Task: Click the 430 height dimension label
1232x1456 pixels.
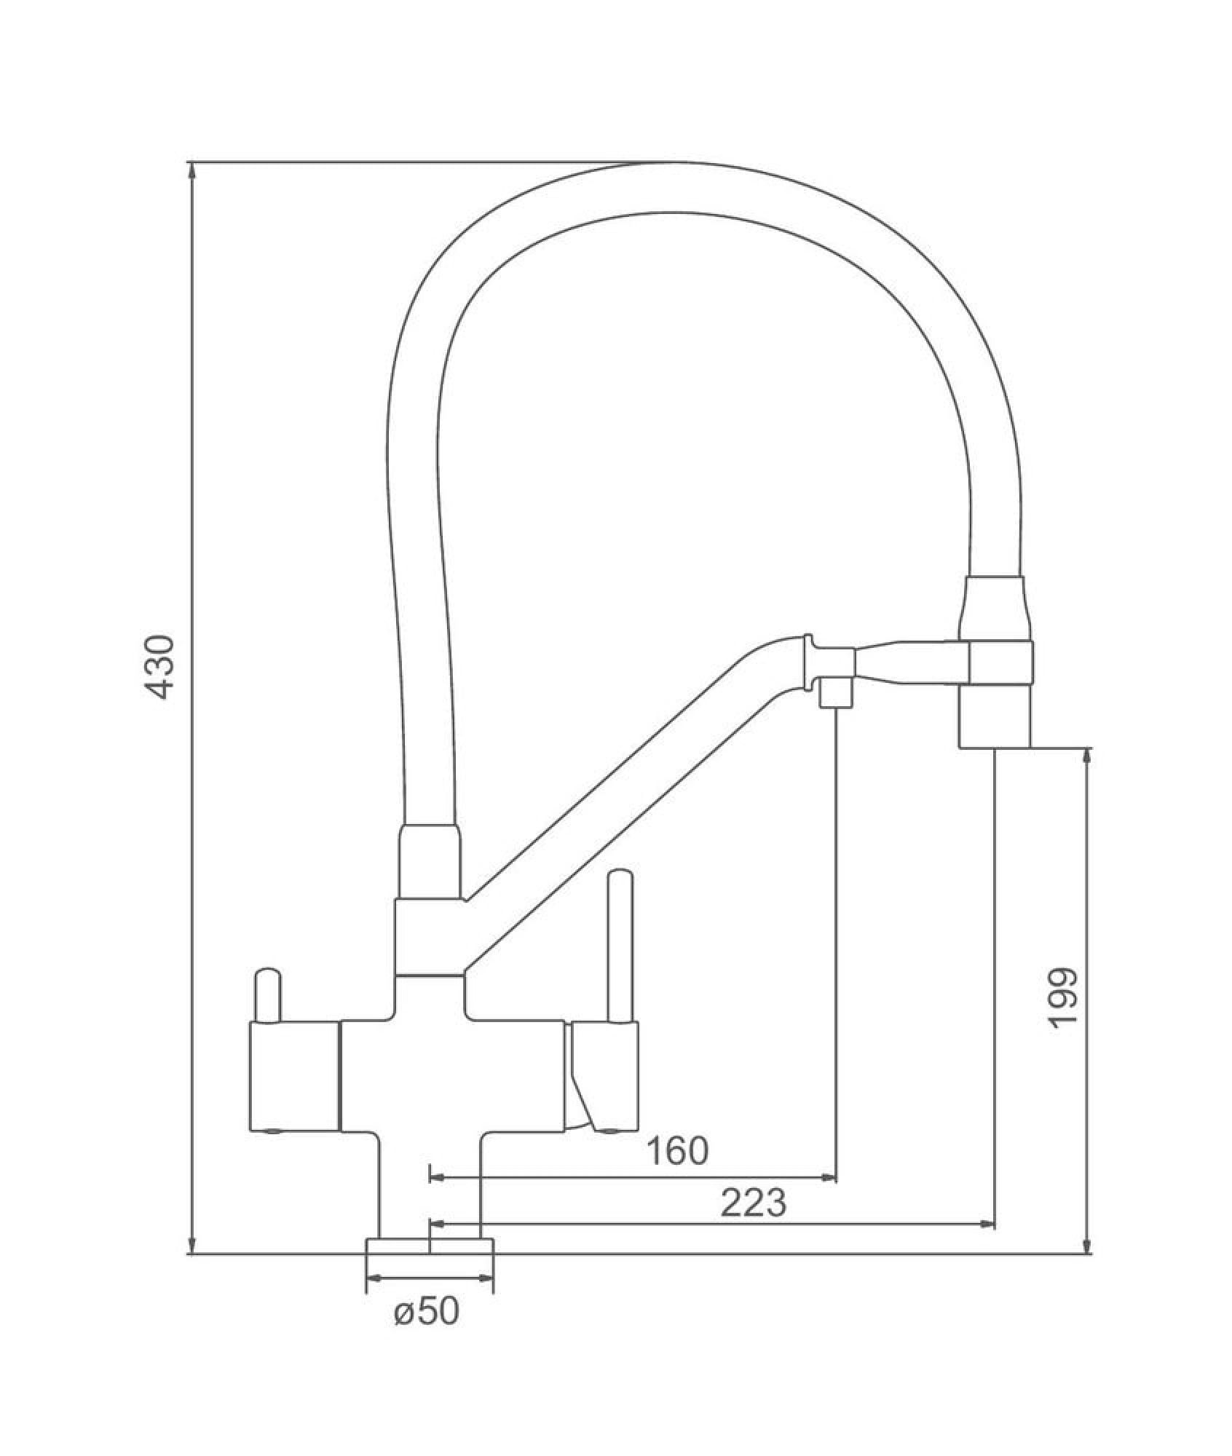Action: pyautogui.click(x=159, y=667)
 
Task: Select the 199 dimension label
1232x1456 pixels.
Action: pyautogui.click(x=1062, y=998)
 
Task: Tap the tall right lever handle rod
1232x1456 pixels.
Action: pyautogui.click(x=620, y=945)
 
